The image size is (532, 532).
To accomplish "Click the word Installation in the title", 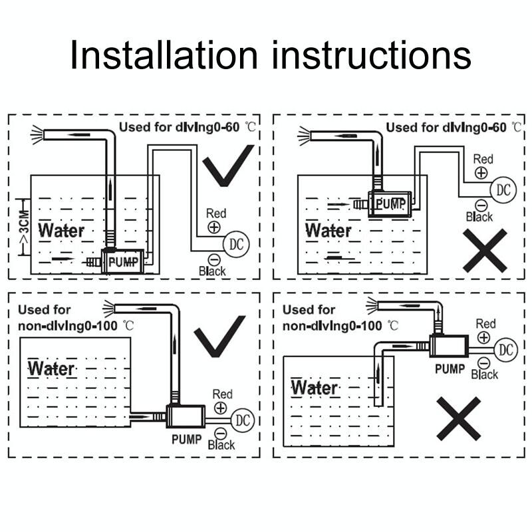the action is pos(164,55).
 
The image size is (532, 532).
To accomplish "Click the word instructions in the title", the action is pos(372,55).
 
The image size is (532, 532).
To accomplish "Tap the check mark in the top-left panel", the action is pos(228,166).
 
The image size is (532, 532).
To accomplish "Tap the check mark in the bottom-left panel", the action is pos(219,336).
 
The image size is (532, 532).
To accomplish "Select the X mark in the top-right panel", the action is pos(485,251).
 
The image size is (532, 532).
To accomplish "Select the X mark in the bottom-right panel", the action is pos(458,419).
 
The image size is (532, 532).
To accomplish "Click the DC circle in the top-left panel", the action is pos(236,244).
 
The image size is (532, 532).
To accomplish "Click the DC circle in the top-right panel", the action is pos(503,190).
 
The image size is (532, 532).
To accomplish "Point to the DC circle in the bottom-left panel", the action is pos(243,420).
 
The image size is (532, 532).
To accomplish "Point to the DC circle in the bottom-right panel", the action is pos(506,350).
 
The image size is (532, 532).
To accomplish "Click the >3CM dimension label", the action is pos(25,227).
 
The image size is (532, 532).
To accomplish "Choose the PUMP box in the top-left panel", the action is pos(122,261).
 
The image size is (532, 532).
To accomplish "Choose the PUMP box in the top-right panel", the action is pos(390,204).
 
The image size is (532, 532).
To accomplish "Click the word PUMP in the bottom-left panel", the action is pos(187,440).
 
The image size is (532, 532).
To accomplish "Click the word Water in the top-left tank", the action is pos(61,230).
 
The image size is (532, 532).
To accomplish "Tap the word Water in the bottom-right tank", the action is pos(315,387).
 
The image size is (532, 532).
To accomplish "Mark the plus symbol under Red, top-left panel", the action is pos(214,227).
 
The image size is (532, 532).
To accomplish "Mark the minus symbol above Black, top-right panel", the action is pos(481,205).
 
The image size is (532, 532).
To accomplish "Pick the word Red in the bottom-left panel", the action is pos(223,394).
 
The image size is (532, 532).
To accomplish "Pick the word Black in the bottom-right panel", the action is pos(485,374).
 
